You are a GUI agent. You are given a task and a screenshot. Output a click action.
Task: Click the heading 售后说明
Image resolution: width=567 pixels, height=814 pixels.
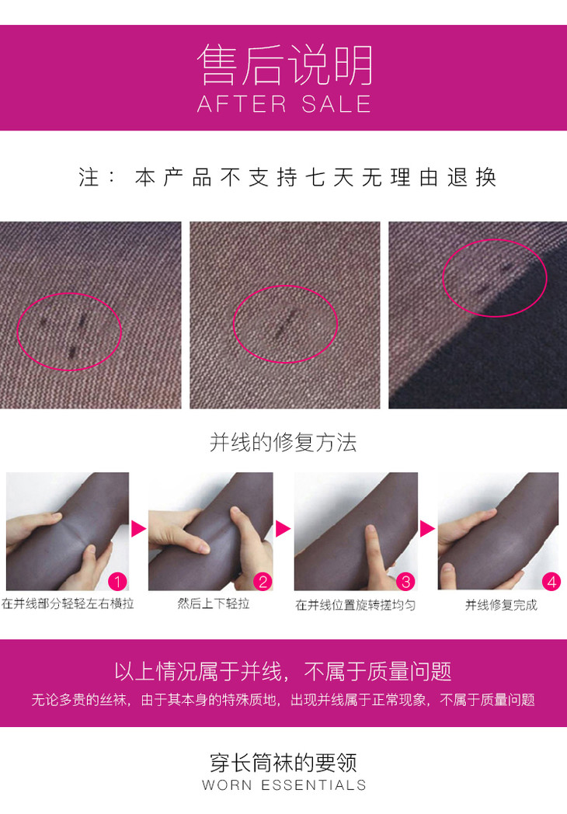tap(284, 64)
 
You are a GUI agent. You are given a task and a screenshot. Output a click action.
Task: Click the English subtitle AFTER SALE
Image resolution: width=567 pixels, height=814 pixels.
tap(284, 104)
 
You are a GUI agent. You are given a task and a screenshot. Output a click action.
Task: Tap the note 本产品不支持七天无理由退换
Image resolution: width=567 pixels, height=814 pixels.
tap(315, 177)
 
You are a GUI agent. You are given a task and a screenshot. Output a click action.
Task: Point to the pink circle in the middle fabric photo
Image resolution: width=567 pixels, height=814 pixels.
tap(234, 324)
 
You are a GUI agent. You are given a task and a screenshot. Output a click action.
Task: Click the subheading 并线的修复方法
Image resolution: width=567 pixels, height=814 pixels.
tap(283, 442)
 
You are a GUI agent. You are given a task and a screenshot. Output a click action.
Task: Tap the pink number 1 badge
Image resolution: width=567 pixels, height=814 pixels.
tap(118, 582)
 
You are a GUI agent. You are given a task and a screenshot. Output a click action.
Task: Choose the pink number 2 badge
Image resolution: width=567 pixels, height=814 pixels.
tap(263, 582)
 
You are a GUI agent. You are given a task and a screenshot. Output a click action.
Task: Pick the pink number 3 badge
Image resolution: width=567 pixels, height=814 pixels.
tap(406, 582)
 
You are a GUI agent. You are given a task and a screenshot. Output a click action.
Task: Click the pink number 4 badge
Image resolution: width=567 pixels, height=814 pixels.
tap(551, 582)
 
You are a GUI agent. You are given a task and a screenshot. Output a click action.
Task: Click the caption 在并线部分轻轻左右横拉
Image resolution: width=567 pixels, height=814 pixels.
tap(68, 604)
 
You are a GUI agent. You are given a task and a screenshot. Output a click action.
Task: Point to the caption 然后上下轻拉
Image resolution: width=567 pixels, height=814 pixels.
tap(214, 604)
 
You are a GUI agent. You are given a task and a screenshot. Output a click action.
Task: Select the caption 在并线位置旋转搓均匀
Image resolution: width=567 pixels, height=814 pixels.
tap(356, 605)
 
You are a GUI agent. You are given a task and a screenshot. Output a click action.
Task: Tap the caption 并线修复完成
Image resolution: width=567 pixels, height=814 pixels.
tap(501, 605)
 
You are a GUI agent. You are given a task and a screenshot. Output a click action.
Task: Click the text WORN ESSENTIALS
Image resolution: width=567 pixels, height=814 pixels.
tap(284, 784)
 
